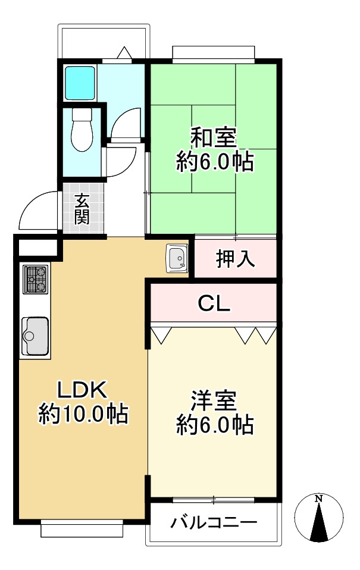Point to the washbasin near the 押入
[x=177, y=258]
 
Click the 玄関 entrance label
[x=82, y=209]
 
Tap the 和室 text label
[x=214, y=137]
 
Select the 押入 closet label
[x=235, y=259]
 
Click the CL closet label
[x=214, y=304]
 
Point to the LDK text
[x=82, y=390]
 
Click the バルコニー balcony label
[x=214, y=524]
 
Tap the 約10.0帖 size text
[x=84, y=414]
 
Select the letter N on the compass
[x=320, y=498]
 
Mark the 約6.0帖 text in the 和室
[x=214, y=162]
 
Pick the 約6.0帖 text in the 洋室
[x=214, y=425]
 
